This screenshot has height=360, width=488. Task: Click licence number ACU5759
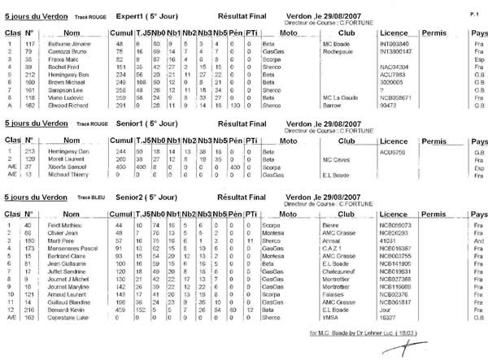tap(394, 150)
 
